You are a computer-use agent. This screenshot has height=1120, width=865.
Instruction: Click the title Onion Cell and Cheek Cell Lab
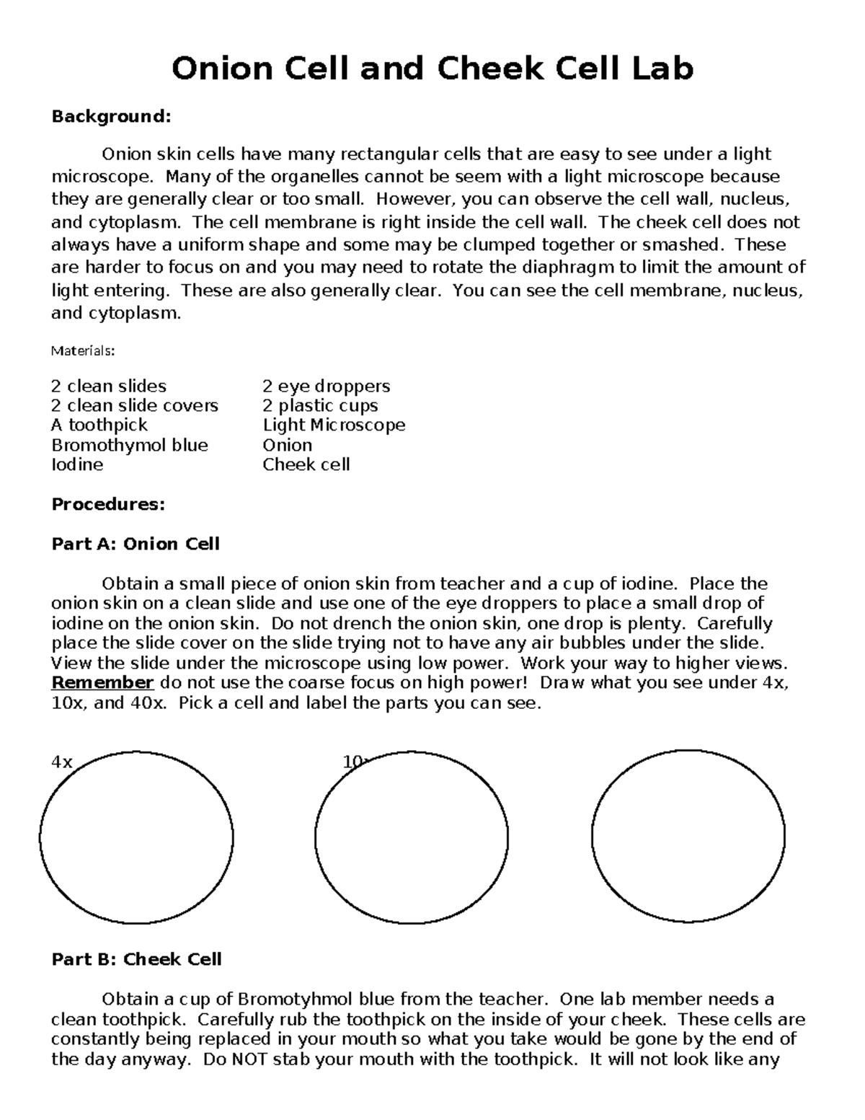tap(432, 69)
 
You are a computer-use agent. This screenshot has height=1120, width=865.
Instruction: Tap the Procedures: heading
tap(108, 504)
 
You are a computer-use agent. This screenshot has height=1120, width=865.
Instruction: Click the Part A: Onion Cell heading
tap(136, 544)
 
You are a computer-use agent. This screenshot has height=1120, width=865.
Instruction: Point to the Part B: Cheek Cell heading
tap(136, 959)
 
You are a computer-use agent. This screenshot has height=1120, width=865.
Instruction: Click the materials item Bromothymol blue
tap(130, 445)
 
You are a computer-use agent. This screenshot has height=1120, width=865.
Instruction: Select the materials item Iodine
tap(77, 464)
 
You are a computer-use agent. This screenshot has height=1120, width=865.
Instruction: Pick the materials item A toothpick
tap(99, 425)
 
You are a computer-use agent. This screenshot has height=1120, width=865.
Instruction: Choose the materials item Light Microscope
tap(334, 425)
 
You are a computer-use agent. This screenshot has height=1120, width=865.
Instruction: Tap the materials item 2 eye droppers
tap(326, 386)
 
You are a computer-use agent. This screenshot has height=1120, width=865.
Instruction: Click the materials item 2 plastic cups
tap(320, 405)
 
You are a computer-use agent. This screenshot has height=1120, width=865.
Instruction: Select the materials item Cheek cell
tap(306, 464)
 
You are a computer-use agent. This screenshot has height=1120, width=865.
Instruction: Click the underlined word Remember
tap(102, 683)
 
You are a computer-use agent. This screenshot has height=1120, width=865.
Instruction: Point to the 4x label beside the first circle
tap(62, 762)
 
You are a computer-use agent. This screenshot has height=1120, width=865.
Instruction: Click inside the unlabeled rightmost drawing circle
tap(688, 837)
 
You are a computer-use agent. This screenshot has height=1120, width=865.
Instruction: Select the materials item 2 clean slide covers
tap(135, 405)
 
